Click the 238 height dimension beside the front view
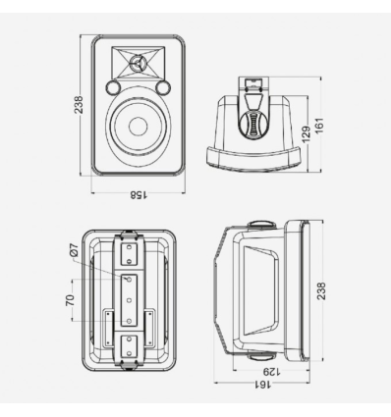point(79,105)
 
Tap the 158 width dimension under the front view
point(139,195)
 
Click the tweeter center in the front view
point(138,62)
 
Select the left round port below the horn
point(113,87)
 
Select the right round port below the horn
point(163,87)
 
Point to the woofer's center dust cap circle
point(138,127)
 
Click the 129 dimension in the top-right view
point(306,134)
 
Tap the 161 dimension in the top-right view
point(318,126)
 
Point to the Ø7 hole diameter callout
point(74,250)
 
